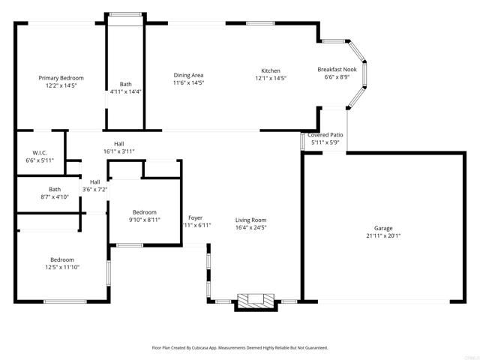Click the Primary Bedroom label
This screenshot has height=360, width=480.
(61, 78)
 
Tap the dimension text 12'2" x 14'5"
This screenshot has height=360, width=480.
(61, 86)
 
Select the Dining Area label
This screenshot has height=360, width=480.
(188, 75)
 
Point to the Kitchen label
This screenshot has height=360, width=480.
(270, 70)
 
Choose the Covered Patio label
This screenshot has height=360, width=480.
(325, 134)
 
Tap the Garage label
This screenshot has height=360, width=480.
(383, 228)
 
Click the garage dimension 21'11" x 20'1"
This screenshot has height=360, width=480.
(383, 235)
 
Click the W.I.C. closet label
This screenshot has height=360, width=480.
(40, 152)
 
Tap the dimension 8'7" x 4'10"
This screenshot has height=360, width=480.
(55, 196)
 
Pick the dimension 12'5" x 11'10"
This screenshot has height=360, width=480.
(61, 267)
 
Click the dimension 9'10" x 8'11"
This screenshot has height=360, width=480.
(144, 220)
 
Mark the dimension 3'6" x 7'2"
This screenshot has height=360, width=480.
(94, 189)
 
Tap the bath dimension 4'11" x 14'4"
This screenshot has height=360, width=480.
(125, 91)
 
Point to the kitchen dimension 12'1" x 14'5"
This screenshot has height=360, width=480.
(270, 78)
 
